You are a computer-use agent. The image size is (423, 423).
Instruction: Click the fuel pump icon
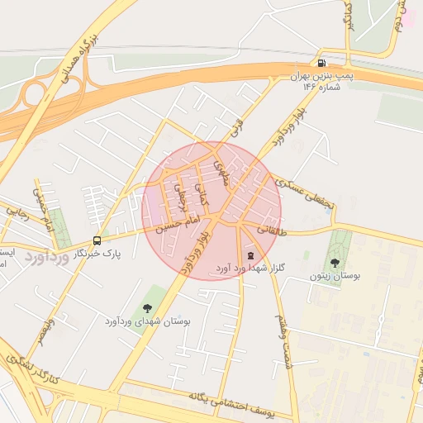[x=320, y=63]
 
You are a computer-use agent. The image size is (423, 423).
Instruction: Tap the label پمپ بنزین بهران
[x=322, y=76]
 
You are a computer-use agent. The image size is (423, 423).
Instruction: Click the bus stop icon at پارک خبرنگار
[x=98, y=241]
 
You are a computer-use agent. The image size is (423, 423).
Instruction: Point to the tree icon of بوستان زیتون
[x=335, y=262]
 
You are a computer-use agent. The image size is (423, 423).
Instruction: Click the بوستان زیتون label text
[x=335, y=275]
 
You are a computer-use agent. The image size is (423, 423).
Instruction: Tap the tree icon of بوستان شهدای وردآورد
[x=148, y=308]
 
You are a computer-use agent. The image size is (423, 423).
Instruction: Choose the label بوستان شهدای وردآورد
[x=148, y=321]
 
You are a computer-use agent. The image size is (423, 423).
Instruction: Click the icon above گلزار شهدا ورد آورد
[x=250, y=255]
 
